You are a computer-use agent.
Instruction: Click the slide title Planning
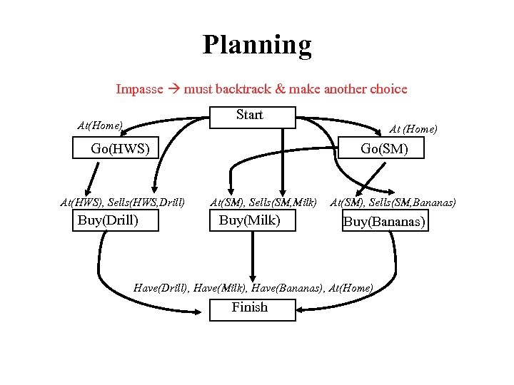click(257, 45)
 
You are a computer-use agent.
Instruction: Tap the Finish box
click(252, 308)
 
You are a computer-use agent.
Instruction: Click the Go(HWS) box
click(119, 149)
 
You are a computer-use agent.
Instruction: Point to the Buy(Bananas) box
click(384, 222)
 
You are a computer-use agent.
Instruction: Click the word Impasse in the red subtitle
click(140, 90)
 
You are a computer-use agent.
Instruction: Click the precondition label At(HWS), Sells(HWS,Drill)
click(123, 202)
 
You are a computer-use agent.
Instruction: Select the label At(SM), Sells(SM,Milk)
click(263, 202)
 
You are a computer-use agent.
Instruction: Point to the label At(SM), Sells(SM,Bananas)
click(393, 202)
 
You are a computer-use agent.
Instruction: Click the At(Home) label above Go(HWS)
click(100, 126)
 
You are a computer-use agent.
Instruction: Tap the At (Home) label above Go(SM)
click(413, 129)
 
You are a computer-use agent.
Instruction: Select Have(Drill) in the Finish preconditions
click(161, 288)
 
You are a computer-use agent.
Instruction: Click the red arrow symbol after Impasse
click(173, 90)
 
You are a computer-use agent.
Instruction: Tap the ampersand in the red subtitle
click(280, 90)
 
